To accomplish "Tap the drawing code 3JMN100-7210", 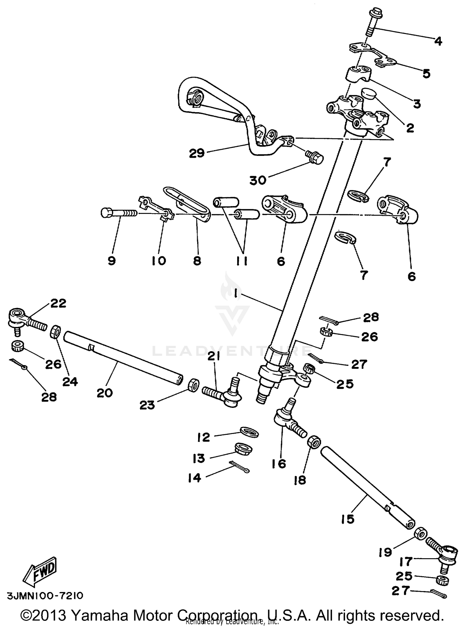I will (45, 596).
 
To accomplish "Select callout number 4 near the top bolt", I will (438, 41).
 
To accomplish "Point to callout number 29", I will (197, 153).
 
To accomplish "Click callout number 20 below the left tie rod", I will (104, 393).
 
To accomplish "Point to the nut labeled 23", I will (193, 385).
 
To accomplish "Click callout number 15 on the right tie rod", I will (348, 519).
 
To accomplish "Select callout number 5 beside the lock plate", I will (427, 74).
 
